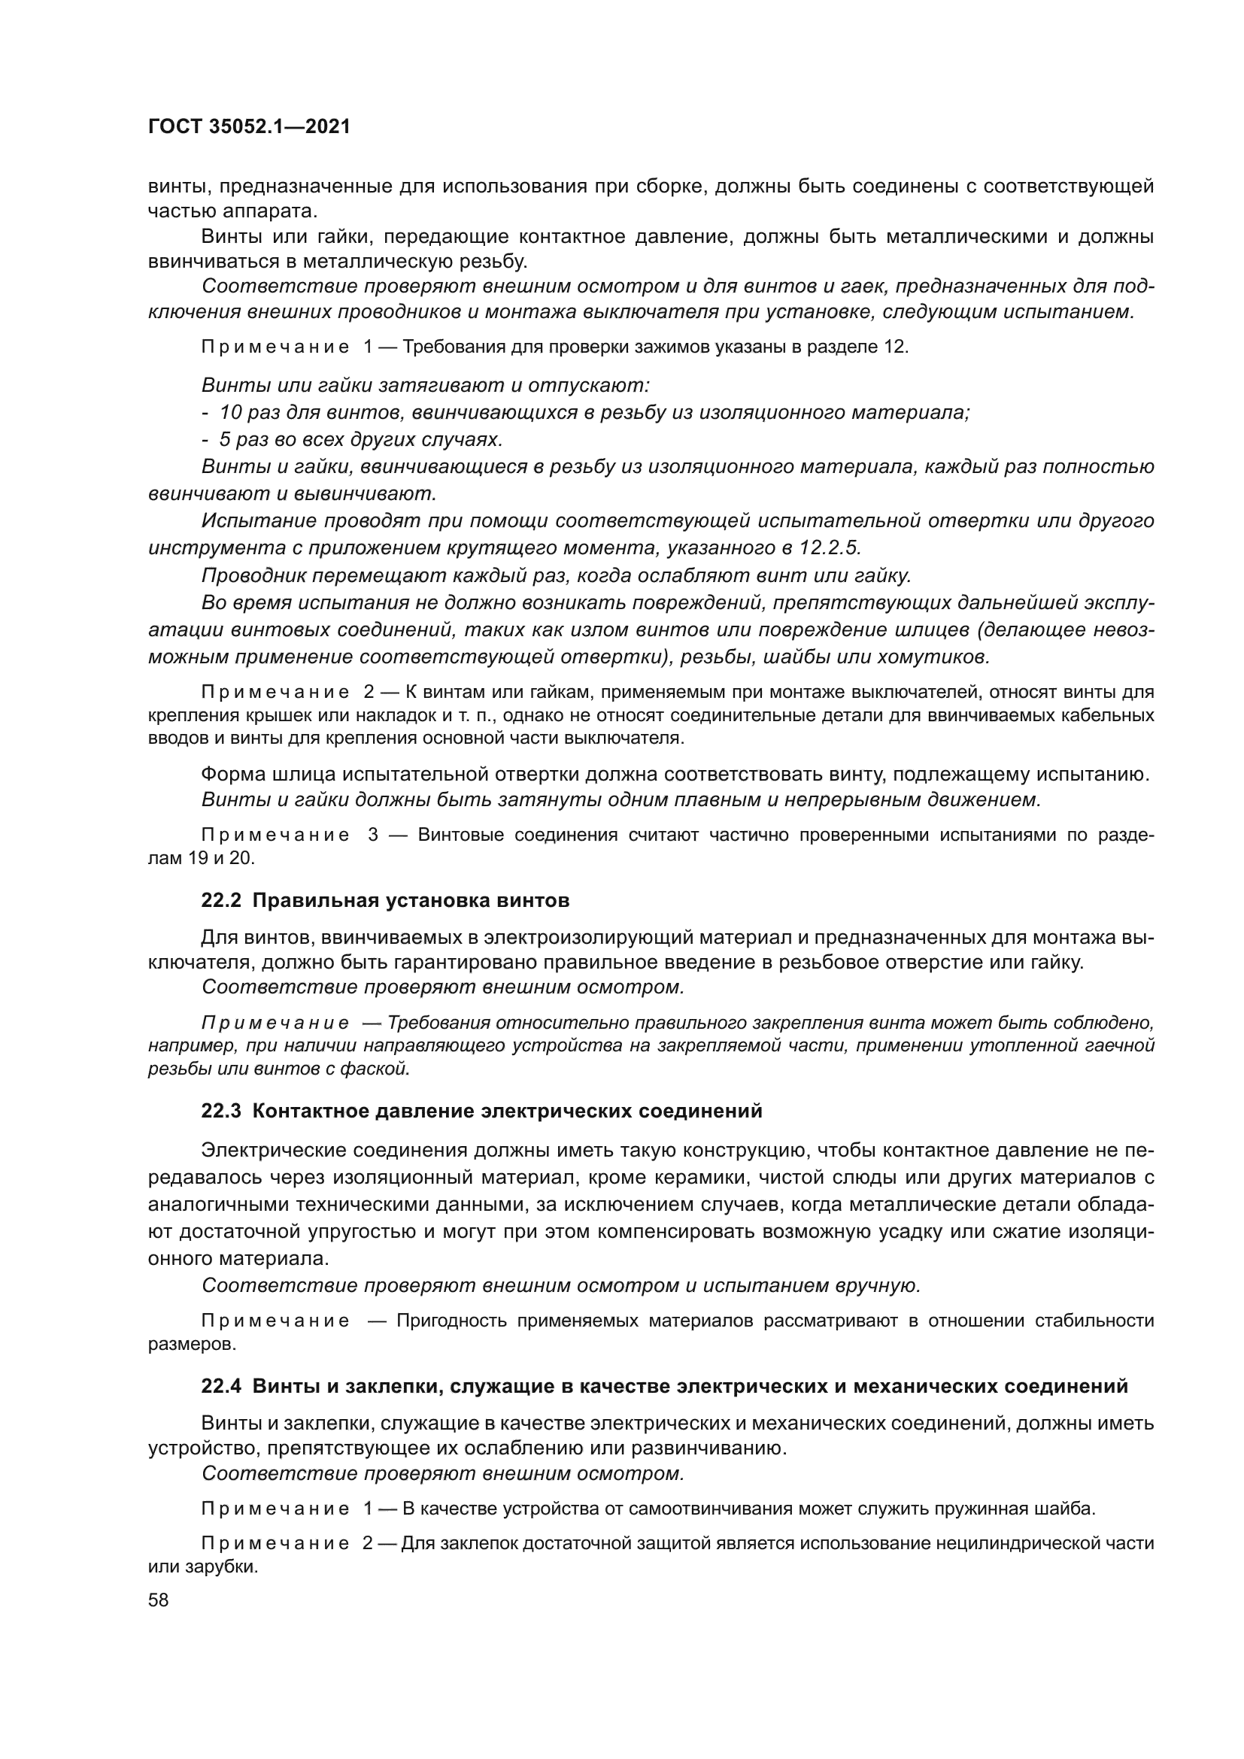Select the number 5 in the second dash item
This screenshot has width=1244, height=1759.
(224, 440)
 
